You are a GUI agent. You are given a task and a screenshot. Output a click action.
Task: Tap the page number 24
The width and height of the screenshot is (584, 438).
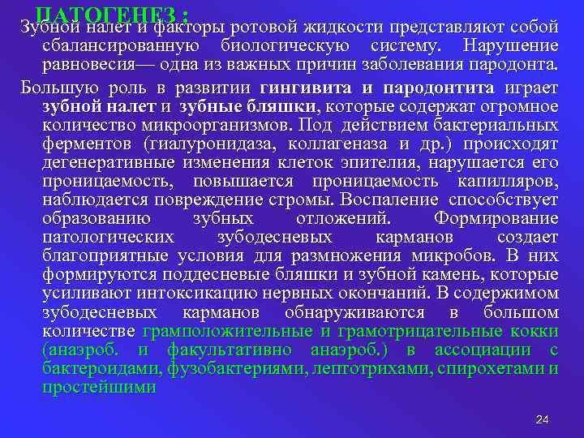click(543, 419)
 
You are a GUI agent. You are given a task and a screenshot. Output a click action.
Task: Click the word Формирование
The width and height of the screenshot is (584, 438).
click(496, 217)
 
